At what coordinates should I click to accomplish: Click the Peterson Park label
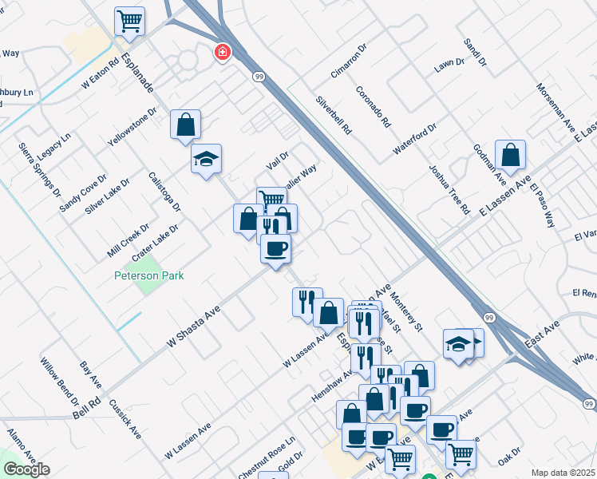(x=148, y=275)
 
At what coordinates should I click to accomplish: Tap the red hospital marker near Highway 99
(x=222, y=53)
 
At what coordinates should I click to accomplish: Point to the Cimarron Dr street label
(x=350, y=61)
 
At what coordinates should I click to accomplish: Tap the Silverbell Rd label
(x=334, y=117)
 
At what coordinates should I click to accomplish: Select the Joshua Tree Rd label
(x=449, y=190)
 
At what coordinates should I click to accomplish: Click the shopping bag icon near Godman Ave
(x=510, y=154)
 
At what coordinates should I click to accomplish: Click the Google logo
(x=26, y=469)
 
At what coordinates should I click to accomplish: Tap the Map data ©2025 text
(x=563, y=473)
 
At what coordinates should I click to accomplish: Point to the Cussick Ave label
(x=126, y=420)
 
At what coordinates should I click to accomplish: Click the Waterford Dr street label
(x=415, y=139)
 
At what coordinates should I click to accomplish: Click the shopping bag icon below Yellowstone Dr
(x=185, y=125)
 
